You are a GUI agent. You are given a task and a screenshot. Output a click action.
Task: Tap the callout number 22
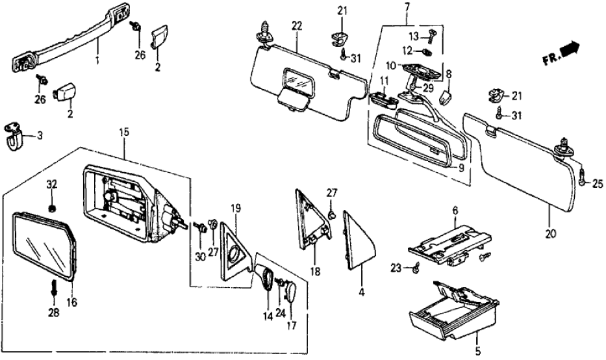296,25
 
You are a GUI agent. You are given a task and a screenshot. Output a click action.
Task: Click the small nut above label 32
53,209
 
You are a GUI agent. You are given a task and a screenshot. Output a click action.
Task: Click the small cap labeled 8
446,97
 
